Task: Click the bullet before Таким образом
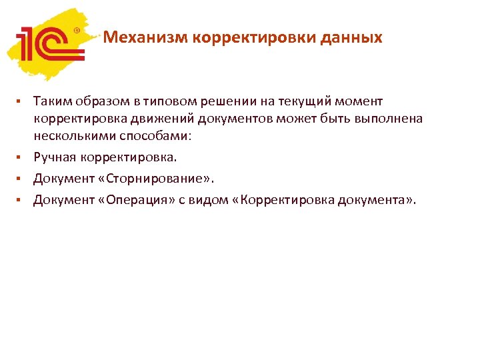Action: [x=20, y=101]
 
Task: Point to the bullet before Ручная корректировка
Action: [x=20, y=158]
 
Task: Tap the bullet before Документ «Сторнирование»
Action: [x=20, y=179]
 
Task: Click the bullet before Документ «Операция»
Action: [x=20, y=199]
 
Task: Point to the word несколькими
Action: [x=73, y=136]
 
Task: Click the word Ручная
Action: [x=55, y=158]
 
